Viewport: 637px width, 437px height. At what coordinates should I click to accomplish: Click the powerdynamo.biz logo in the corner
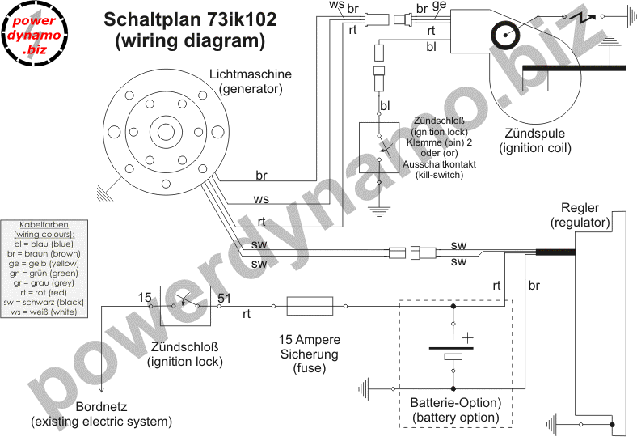34,34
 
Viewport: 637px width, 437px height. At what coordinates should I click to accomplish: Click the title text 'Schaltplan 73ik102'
190,19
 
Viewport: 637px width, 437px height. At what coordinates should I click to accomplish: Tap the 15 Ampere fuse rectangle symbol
310,306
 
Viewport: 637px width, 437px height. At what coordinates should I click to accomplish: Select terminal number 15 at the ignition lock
145,298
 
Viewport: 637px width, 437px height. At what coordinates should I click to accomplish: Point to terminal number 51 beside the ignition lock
224,299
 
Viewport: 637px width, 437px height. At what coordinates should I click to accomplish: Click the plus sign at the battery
467,337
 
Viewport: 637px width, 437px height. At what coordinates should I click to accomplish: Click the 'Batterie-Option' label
455,403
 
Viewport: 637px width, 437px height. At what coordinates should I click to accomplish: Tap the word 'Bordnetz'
102,406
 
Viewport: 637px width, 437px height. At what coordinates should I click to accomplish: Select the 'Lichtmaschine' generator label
251,74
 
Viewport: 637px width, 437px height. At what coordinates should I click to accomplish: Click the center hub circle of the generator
166,132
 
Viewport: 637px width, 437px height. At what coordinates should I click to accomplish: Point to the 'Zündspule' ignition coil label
534,133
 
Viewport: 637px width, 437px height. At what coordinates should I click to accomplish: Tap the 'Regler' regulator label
580,208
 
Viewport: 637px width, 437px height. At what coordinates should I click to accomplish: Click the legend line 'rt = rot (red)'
44,292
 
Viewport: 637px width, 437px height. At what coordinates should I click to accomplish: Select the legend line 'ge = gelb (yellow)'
44,264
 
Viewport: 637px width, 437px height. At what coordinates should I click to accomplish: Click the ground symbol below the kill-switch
378,211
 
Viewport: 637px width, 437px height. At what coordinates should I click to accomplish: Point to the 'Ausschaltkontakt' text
439,164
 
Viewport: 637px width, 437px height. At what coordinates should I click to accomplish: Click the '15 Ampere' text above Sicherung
310,339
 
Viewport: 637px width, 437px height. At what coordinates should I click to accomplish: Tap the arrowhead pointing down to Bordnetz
102,389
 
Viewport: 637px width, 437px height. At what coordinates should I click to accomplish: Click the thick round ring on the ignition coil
506,35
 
